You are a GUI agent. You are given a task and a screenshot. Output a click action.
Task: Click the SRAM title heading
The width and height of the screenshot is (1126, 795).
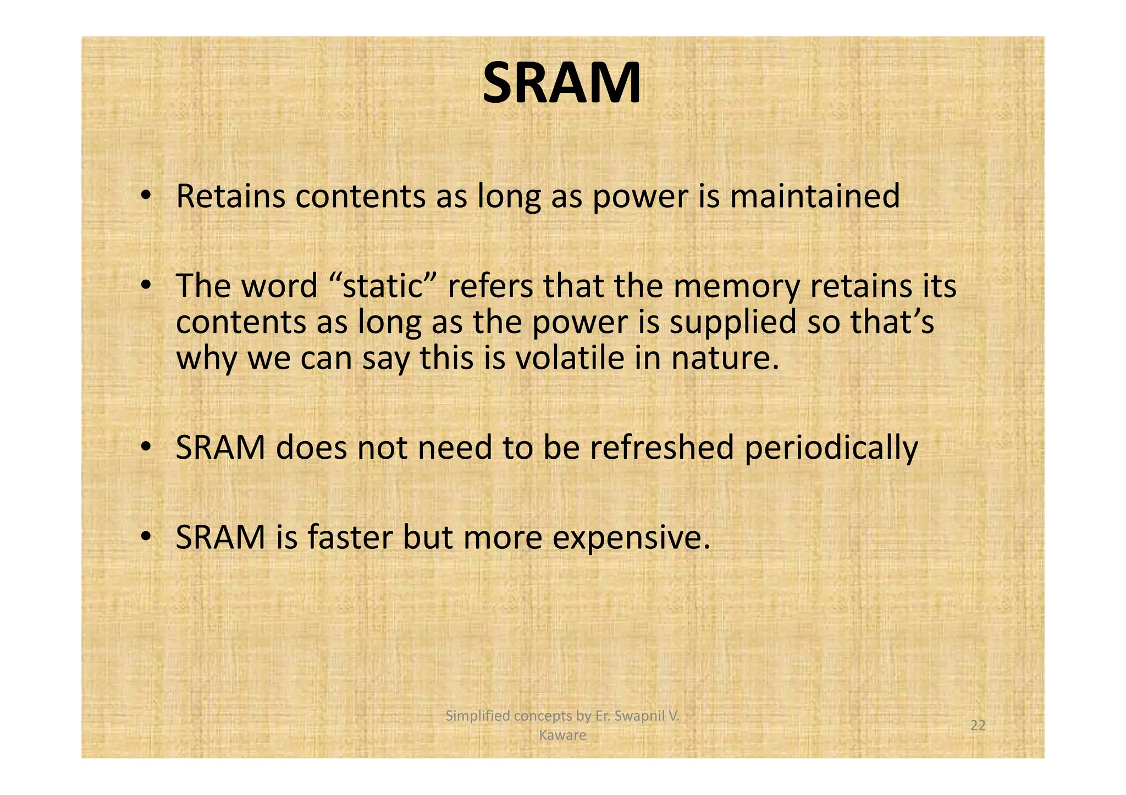coord(561,84)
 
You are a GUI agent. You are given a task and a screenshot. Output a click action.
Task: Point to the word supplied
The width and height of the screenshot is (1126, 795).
coord(733,323)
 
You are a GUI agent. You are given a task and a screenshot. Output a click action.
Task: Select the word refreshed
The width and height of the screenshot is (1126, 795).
coord(662,447)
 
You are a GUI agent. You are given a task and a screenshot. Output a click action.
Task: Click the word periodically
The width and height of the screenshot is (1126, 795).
coord(831,448)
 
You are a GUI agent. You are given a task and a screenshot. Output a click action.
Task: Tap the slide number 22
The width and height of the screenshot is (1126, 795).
coord(978,725)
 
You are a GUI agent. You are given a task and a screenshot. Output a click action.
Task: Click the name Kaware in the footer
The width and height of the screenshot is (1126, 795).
coord(562,735)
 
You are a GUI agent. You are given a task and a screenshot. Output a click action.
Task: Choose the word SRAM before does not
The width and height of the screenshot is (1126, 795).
coord(220,447)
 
